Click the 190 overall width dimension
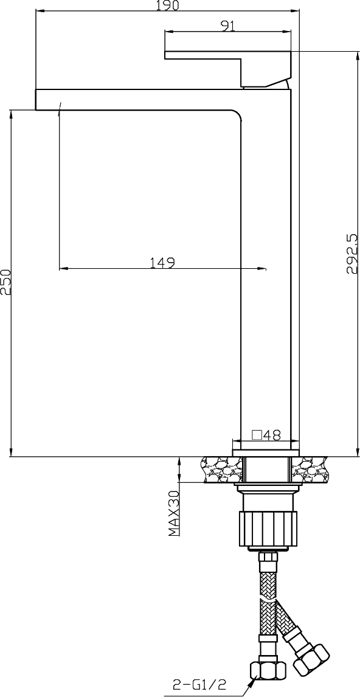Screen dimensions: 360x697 168,5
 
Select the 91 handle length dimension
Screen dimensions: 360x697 228,26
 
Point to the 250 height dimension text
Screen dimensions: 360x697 5,282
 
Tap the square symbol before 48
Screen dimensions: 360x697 257,435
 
